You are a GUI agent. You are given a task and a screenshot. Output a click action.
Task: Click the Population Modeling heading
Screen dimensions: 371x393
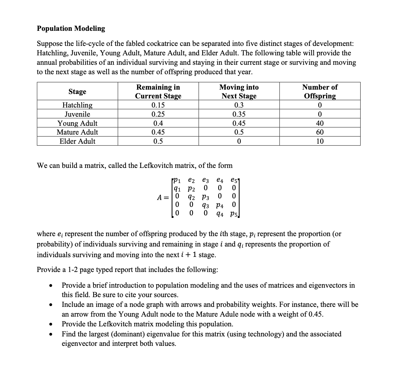click(71, 29)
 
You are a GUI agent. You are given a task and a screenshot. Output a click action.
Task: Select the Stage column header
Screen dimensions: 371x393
click(77, 91)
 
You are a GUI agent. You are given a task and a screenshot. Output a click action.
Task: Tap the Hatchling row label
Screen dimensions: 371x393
click(77, 105)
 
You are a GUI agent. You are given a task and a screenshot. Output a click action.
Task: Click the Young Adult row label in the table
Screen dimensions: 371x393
click(77, 123)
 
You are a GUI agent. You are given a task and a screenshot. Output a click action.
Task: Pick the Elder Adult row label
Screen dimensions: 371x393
click(77, 141)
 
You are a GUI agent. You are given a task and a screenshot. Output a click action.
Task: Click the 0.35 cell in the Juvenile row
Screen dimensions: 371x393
click(239, 114)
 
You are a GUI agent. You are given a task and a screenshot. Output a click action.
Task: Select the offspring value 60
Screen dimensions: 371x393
click(320, 132)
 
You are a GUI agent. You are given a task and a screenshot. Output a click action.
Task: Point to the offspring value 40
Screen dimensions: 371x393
click(320, 123)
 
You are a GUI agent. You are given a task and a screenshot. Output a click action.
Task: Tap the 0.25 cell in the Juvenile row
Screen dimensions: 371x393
click(158, 114)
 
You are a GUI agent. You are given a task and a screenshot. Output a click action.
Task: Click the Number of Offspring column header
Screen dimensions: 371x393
click(320, 91)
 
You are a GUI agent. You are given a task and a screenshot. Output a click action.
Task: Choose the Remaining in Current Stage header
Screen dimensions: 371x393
click(158, 91)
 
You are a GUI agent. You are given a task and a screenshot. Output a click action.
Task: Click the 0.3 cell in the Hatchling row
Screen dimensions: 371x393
click(239, 105)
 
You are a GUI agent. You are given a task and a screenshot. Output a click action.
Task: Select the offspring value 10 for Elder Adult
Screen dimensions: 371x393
click(320, 141)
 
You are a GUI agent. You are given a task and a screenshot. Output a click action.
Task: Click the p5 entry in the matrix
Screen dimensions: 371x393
click(234, 214)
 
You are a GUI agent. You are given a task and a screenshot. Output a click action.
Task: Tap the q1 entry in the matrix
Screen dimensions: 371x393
click(177, 189)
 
